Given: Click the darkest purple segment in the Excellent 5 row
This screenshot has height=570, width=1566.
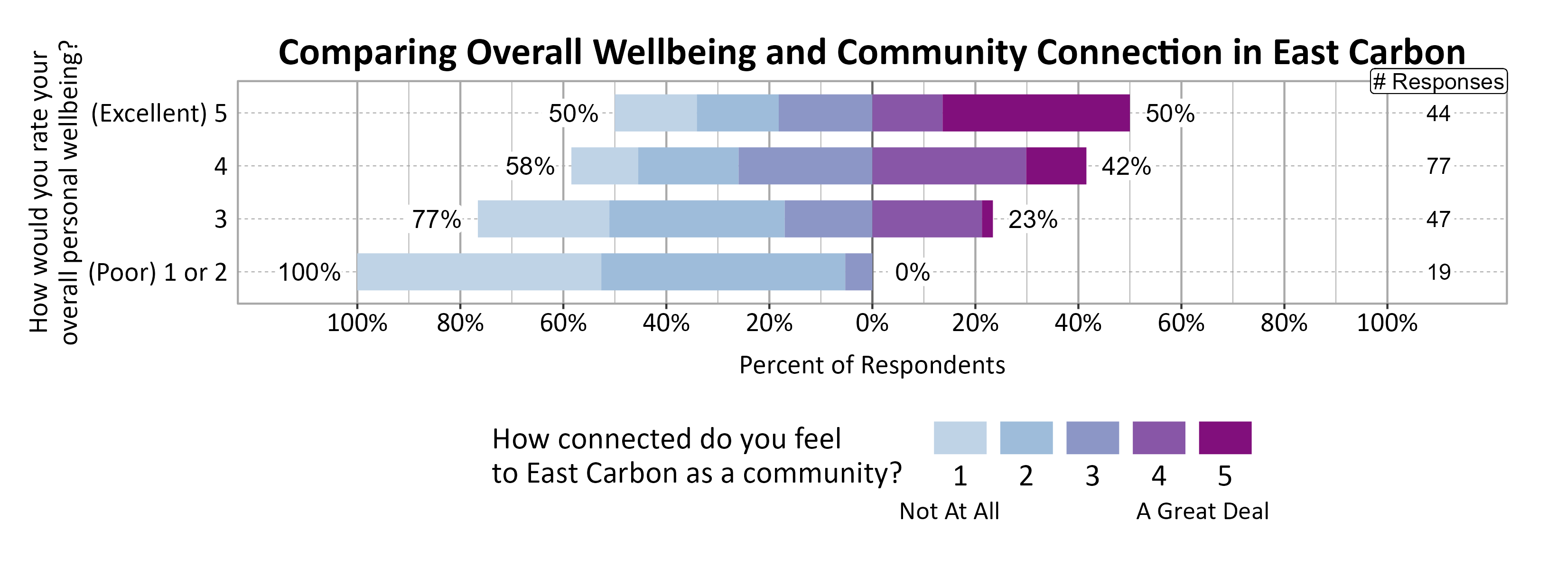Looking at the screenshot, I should pos(1036,113).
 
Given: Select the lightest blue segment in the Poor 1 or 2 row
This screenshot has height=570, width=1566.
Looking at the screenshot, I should pos(478,272).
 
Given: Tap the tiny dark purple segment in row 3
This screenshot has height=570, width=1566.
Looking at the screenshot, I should pos(987,219).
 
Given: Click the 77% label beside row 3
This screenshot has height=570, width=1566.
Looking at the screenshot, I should pos(437,219).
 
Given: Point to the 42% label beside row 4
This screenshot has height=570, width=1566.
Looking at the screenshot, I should pos(1126,166).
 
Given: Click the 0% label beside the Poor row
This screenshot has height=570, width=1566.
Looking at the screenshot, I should pos(912,272).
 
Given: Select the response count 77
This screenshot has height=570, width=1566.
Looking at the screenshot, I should pos(1438,166).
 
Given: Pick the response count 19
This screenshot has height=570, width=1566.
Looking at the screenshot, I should pos(1438,272).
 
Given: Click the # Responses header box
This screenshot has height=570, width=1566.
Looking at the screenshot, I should pos(1438,82).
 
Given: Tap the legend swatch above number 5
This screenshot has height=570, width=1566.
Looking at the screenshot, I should pos(1224,437).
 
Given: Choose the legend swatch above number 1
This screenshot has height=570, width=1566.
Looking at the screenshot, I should pos(960,437).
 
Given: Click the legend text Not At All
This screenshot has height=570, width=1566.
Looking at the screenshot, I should pos(949,511).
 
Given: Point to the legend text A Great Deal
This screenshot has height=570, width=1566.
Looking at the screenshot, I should pos(1202,511).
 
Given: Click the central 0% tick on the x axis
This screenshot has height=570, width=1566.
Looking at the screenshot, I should pos(872,323).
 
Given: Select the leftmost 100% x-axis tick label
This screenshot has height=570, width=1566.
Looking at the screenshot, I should pos(357,323).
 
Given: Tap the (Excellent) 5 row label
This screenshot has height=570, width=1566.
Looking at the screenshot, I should pos(158,113).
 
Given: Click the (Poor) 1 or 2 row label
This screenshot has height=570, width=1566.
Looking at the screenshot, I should pos(158,272).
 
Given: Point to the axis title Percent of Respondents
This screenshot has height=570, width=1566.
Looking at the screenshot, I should pos(872,365).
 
